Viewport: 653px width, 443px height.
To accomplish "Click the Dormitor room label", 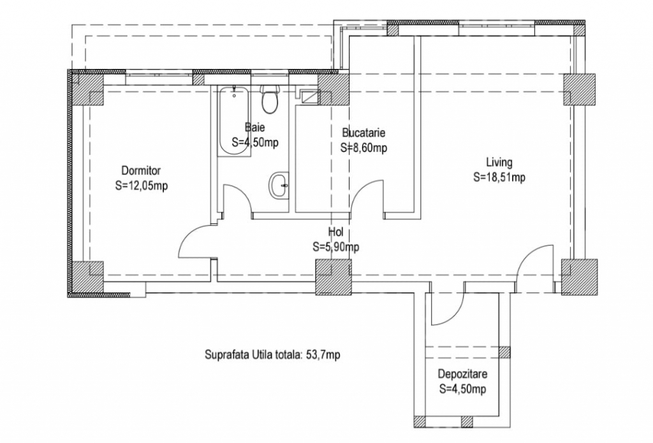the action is pos(141,170).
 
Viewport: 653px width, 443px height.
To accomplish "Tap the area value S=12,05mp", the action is pos(141,186).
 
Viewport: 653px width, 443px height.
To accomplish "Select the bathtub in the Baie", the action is pos(233,121).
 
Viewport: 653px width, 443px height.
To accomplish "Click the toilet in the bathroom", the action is pos(270,99).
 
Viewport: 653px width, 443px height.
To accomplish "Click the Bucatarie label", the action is pos(363,133).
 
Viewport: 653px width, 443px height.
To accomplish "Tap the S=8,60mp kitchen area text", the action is pos(363,148).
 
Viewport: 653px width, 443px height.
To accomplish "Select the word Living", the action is pos(499,162).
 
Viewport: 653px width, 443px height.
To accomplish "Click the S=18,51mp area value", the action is pos(499,177).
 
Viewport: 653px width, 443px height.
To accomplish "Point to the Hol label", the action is pos(335,232).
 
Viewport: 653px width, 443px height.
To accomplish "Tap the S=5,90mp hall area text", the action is pos(335,247).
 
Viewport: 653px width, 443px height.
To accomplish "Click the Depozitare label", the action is pos(462,374).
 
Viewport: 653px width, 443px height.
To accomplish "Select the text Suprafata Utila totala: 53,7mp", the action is pos(272,355).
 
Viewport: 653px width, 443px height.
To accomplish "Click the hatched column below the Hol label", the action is pos(333,277).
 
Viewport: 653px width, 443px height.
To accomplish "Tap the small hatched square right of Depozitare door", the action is pos(505,352).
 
